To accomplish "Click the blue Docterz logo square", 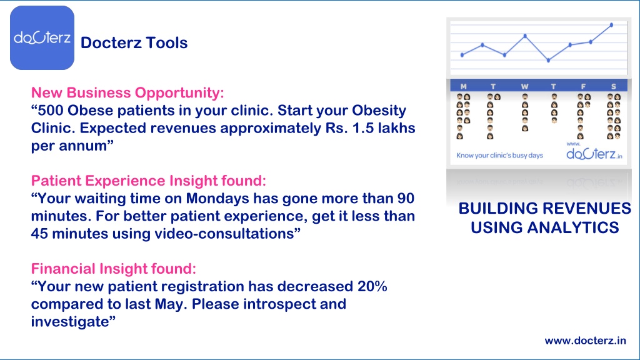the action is pos(42,37).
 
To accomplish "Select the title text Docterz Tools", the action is pos(134,43).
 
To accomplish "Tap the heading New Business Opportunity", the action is pos(127,92).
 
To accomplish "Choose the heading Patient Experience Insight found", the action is pos(149,181).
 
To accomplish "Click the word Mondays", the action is pos(217,198).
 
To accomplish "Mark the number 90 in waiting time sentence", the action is pos(405,198).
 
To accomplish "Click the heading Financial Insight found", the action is pos(114,269).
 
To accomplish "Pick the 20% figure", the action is pos(372,286).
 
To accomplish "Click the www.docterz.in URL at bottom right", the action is pos(585,341).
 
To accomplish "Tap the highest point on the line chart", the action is pos(611,25).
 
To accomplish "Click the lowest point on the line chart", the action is pos(548,61).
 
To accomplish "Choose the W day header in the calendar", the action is pos(524,86).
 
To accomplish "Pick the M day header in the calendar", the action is pos(463,86).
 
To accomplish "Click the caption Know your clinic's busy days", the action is pos(499,156).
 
